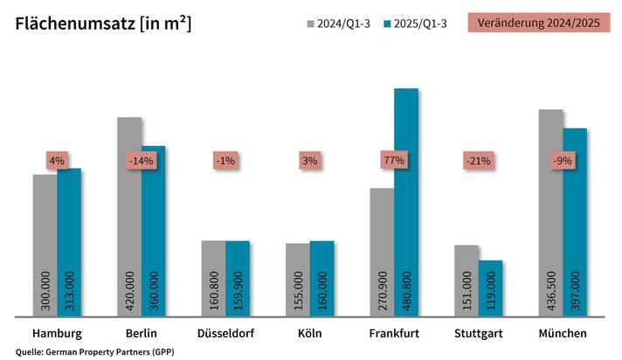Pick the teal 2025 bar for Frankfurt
[x=406, y=201]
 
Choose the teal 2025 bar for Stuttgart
[x=491, y=288]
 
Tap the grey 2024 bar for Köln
[x=298, y=280]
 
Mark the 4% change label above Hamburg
[x=58, y=161]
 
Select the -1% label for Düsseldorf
[x=225, y=161]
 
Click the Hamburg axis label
[x=57, y=334]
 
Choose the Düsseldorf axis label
[x=225, y=334]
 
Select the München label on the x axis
[x=562, y=334]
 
